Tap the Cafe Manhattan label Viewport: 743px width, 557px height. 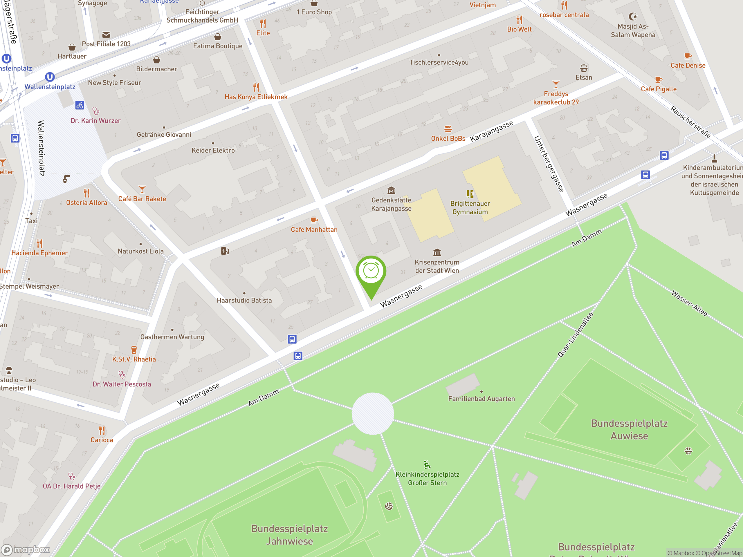tap(314, 230)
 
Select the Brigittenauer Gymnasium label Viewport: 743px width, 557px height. tap(470, 207)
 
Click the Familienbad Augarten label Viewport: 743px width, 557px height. tap(481, 399)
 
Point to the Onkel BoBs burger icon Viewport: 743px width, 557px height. tap(448, 129)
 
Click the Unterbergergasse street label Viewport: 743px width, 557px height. tap(549, 164)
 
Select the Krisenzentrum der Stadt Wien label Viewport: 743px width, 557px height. tap(437, 266)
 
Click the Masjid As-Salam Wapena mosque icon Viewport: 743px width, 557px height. tap(633, 17)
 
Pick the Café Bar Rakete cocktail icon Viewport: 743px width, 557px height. tap(142, 189)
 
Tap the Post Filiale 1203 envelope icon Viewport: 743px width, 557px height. tap(106, 35)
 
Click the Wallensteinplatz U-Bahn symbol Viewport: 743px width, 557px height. tap(50, 77)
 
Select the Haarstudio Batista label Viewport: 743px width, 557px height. tap(244, 300)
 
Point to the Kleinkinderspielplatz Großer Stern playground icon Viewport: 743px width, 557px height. tap(427, 465)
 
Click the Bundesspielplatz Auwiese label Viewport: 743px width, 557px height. tap(629, 429)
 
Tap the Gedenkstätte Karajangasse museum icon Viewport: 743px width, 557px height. tap(391, 191)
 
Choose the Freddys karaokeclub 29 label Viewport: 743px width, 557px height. tap(556, 98)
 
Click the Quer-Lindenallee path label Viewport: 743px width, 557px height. tap(575, 335)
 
